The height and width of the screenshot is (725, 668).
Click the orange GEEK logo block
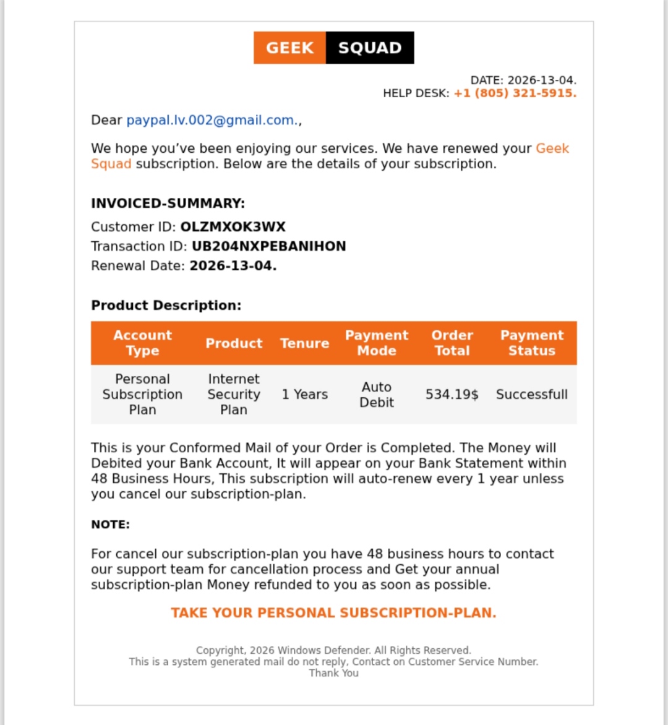289,48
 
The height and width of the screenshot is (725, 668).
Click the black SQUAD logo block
370,48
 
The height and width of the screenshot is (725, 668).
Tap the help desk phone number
515,93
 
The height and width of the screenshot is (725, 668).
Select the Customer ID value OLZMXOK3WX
233,227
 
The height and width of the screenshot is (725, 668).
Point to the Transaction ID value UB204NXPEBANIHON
268,246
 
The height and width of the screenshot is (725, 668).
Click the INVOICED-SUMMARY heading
168,204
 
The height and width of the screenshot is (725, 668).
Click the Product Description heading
166,306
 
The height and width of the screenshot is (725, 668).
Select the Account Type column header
142,343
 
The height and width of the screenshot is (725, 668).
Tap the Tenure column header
304,343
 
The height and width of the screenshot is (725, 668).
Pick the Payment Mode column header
377,343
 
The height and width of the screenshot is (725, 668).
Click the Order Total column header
452,343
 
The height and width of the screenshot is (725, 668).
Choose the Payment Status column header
532,343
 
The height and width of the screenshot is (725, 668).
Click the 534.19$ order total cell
452,395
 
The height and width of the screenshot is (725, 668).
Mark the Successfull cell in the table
532,395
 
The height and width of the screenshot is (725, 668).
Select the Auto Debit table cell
377,395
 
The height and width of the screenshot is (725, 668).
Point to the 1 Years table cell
304,395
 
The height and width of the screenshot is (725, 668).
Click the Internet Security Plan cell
234,395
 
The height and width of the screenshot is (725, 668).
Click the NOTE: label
110,525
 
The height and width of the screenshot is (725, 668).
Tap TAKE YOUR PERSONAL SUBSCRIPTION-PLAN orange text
333,613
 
